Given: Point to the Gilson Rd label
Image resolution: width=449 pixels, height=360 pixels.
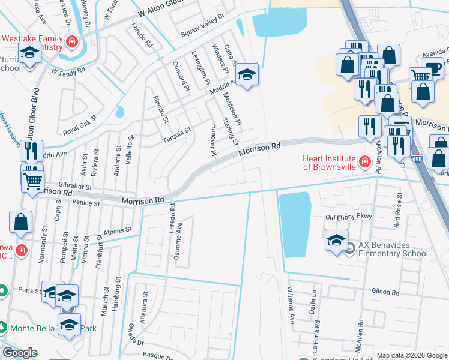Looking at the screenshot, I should point(385,290).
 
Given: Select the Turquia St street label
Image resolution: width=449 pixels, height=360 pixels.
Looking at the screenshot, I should point(176,135).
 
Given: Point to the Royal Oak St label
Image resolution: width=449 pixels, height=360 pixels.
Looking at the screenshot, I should point(80,125).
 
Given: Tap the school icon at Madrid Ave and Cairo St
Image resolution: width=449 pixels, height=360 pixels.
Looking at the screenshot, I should point(246,74).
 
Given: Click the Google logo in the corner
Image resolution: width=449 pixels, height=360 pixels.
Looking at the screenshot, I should point(20,353).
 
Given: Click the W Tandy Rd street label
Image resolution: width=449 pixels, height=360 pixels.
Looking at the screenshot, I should point(68,71).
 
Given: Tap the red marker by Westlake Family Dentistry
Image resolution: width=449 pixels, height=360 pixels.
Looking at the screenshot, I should point(73,41).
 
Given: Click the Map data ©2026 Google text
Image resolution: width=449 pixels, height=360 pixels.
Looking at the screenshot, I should point(411,355).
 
